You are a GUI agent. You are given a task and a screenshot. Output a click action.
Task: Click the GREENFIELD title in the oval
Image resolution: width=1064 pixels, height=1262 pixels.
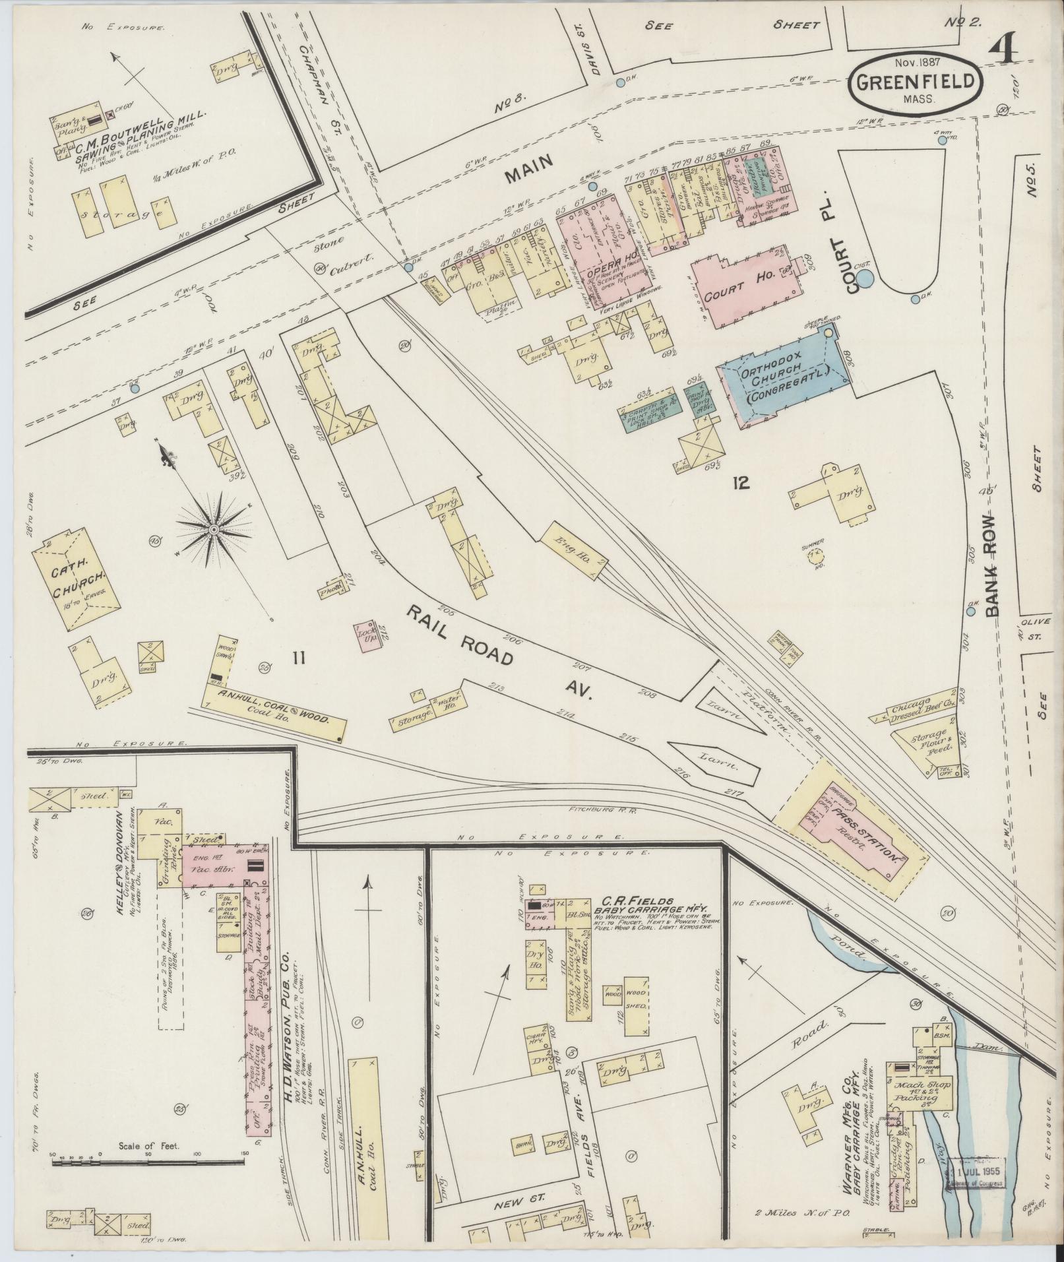tap(916, 82)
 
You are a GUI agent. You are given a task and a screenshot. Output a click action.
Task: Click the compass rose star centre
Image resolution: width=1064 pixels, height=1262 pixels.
tap(214, 530)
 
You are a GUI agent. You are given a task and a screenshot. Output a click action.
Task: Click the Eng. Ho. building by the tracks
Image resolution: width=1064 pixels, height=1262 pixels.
tap(573, 544)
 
